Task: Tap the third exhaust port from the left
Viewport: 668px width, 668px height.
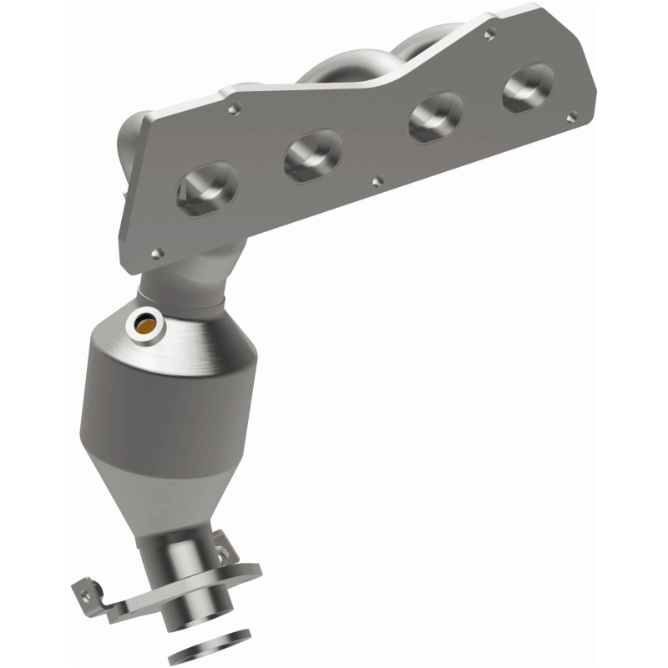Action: pyautogui.click(x=436, y=116)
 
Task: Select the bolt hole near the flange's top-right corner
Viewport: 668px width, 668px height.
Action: pyautogui.click(x=491, y=33)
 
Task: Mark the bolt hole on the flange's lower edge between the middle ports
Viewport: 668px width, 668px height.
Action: pyautogui.click(x=378, y=179)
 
